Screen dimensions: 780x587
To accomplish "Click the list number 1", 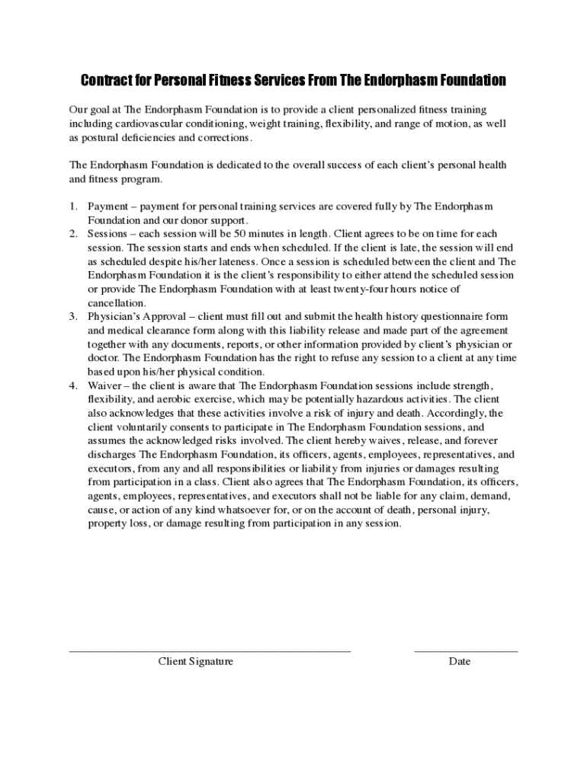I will [72, 206].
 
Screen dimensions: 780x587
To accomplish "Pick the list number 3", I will [72, 316].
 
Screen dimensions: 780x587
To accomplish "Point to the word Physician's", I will [117, 316].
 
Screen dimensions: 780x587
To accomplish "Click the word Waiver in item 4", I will [104, 385].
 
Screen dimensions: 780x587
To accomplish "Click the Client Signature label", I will [196, 661].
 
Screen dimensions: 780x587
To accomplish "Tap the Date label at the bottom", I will [460, 661].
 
